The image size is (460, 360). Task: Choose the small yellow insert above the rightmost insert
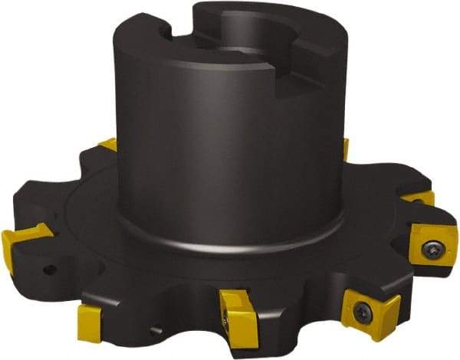(x=420, y=198)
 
